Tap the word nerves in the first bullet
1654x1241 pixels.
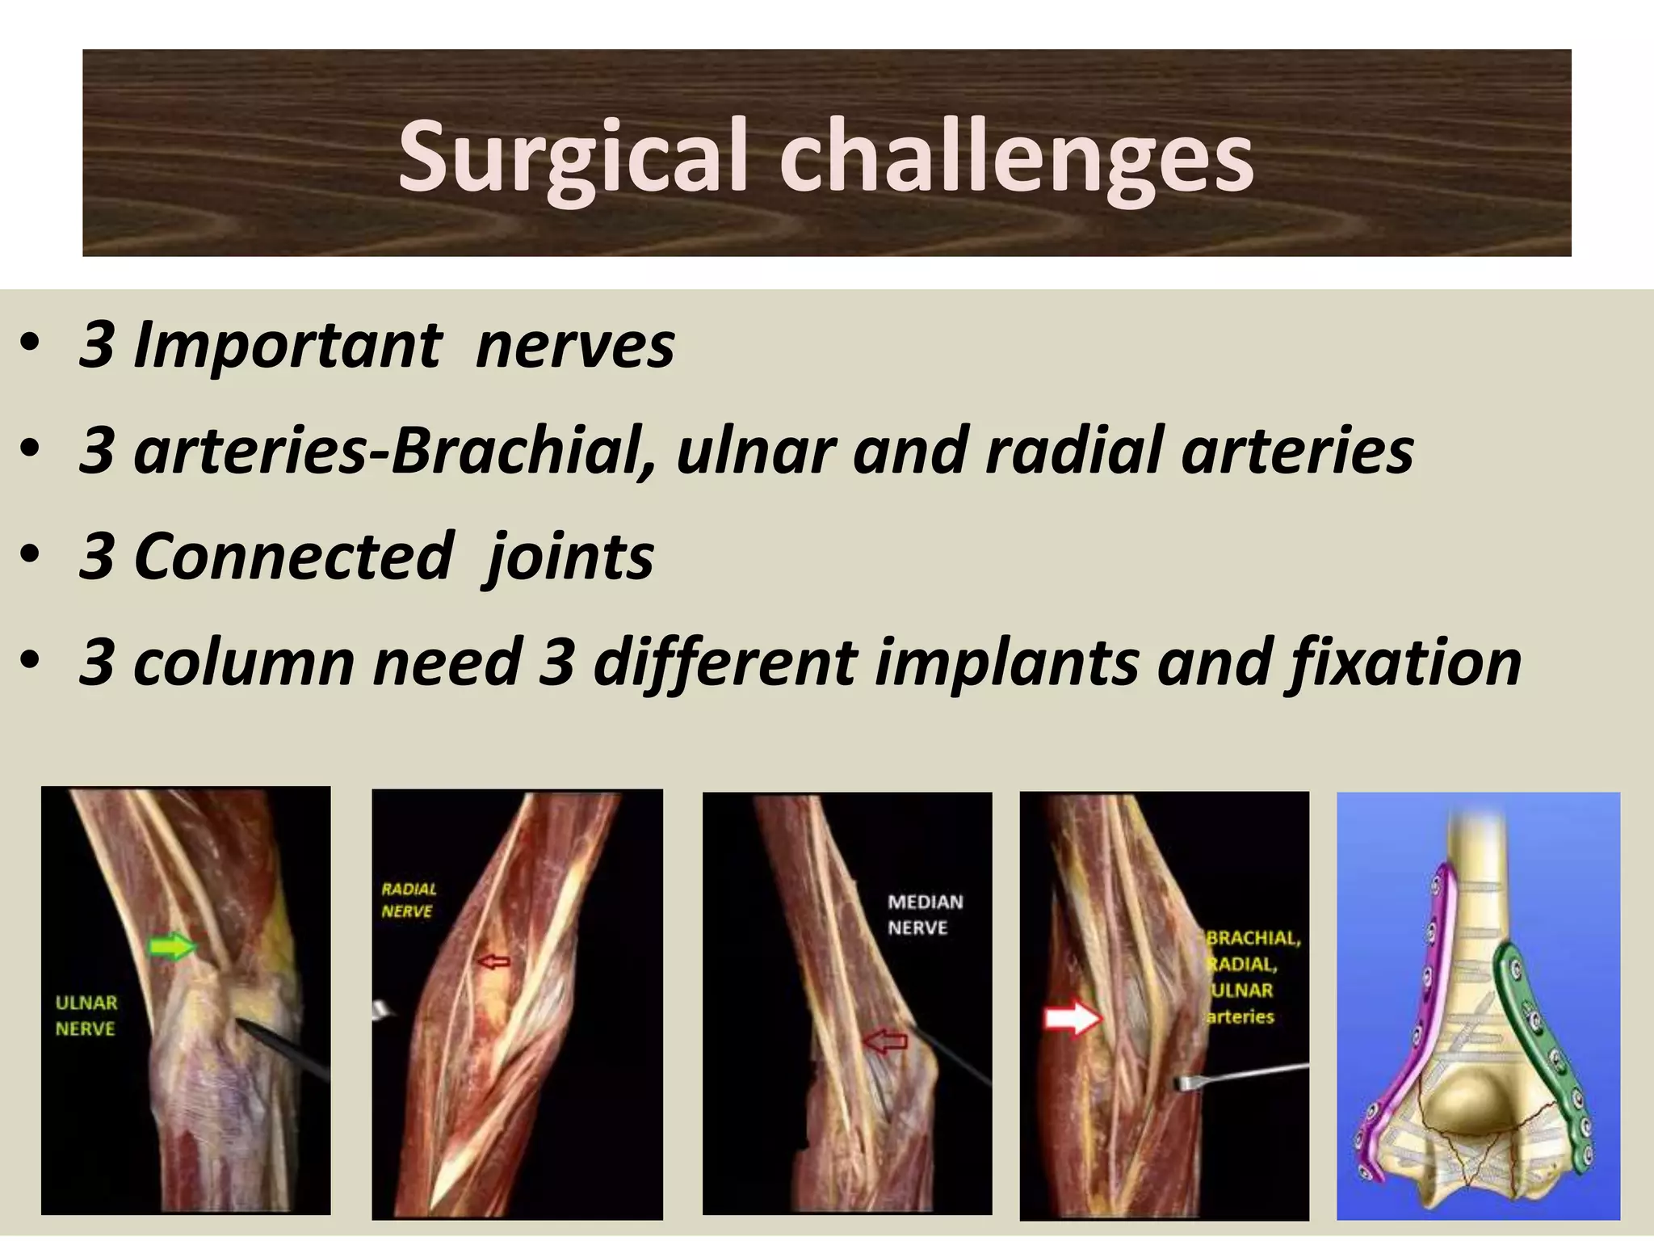pyautogui.click(x=575, y=346)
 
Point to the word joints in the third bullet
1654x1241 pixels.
pyautogui.click(x=570, y=557)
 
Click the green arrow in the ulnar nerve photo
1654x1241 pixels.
pyautogui.click(x=172, y=946)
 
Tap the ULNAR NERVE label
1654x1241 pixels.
pyautogui.click(x=86, y=1016)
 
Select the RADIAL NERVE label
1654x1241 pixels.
pyautogui.click(x=408, y=900)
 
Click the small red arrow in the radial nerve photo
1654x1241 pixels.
pyautogui.click(x=493, y=961)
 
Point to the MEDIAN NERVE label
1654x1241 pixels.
pyautogui.click(x=925, y=915)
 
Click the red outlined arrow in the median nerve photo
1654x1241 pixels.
pyautogui.click(x=885, y=1042)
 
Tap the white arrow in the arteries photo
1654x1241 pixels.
pyautogui.click(x=1072, y=1019)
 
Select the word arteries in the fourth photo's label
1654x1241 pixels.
pyautogui.click(x=1240, y=1016)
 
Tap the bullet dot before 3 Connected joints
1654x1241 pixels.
pyautogui.click(x=30, y=557)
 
